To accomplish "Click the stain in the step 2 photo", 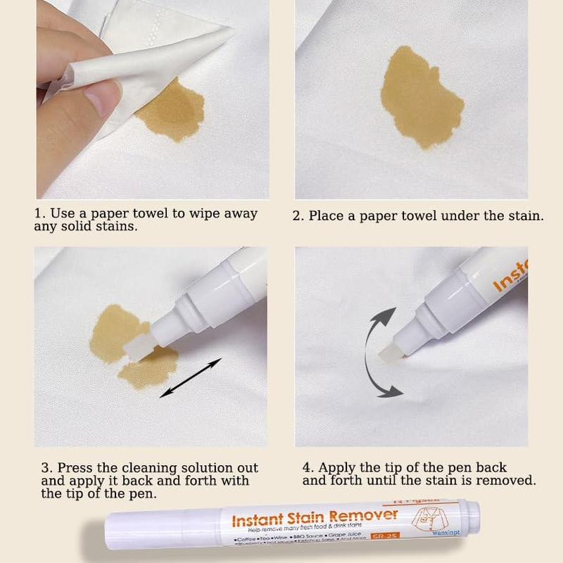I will [x=421, y=96].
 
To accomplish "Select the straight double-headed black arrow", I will [x=191, y=377].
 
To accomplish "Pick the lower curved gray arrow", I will [x=384, y=381].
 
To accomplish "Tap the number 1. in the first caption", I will [x=40, y=213].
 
